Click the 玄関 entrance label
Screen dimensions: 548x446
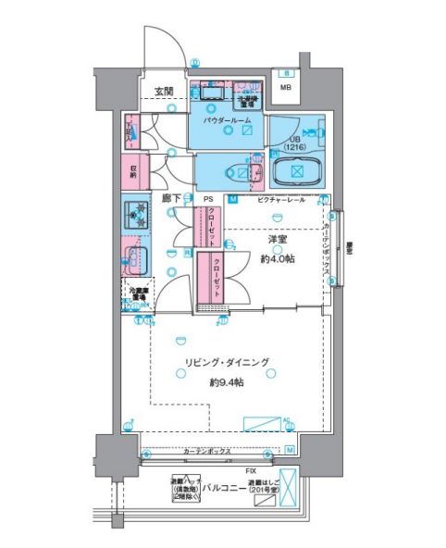(164, 91)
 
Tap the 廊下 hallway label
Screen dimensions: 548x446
(169, 198)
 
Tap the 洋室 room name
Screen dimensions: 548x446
(276, 241)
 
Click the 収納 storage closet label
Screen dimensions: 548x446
(133, 173)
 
